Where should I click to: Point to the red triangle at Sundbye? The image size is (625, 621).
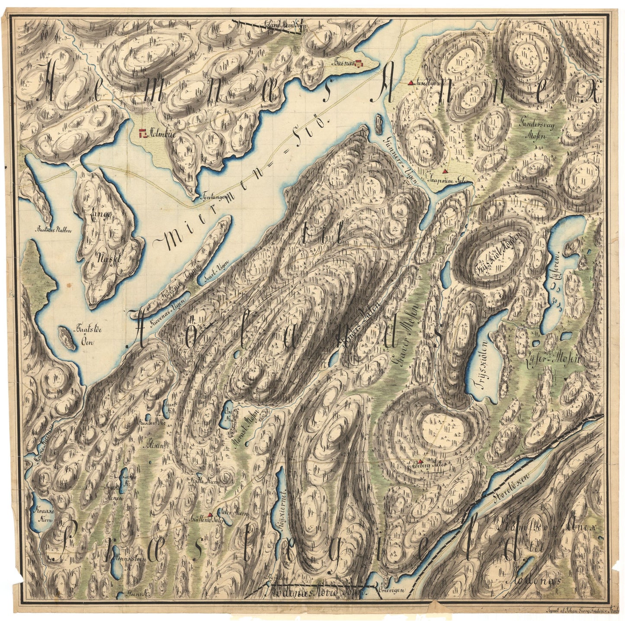tap(410, 81)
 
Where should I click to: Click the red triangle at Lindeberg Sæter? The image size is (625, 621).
tap(420, 462)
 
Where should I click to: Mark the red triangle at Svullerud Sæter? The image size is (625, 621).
tap(210, 514)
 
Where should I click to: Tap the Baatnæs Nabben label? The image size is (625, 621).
tap(54, 230)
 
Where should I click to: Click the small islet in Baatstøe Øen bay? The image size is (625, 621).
tap(66, 337)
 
